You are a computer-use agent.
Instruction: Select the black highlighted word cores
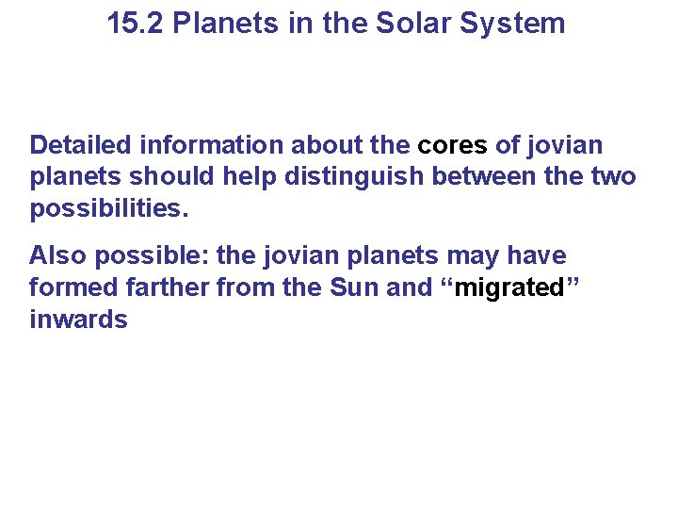(x=452, y=145)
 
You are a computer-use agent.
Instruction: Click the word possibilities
(x=108, y=207)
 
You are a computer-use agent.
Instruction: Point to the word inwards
(x=78, y=319)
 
